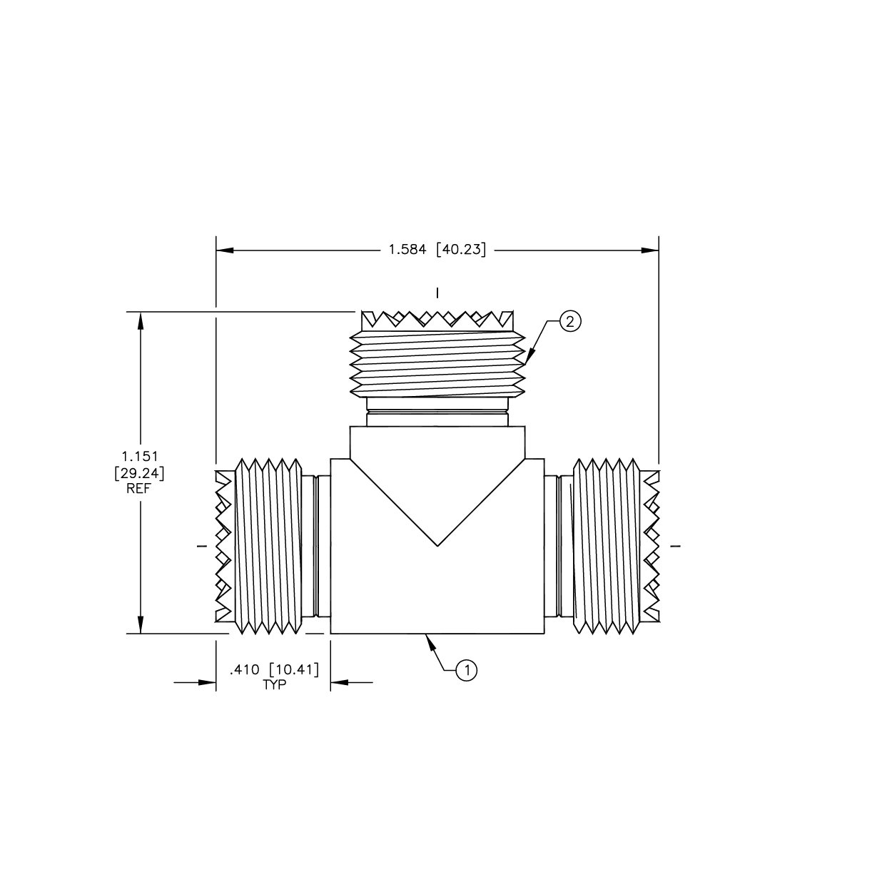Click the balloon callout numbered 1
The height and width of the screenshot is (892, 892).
click(x=467, y=670)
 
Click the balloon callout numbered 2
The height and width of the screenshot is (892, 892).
click(x=569, y=322)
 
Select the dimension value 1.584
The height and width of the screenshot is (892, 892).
click(x=407, y=250)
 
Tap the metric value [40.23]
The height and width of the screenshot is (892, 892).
click(x=460, y=250)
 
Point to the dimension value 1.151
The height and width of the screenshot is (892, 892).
click(x=139, y=455)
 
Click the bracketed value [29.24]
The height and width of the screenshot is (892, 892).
click(x=139, y=472)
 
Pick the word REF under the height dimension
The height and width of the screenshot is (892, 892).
click(x=139, y=489)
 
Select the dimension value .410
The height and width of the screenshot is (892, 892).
click(x=243, y=670)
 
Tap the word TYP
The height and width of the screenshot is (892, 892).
click(x=274, y=685)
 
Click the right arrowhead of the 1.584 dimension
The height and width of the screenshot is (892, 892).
click(x=650, y=250)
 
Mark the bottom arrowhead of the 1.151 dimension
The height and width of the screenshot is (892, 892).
click(x=141, y=624)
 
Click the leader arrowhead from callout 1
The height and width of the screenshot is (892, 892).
click(x=430, y=640)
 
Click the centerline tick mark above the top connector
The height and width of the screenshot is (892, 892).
click(x=437, y=293)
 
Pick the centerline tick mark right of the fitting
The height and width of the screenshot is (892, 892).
click(x=676, y=547)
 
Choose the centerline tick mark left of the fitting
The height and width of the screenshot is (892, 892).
click(x=201, y=547)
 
